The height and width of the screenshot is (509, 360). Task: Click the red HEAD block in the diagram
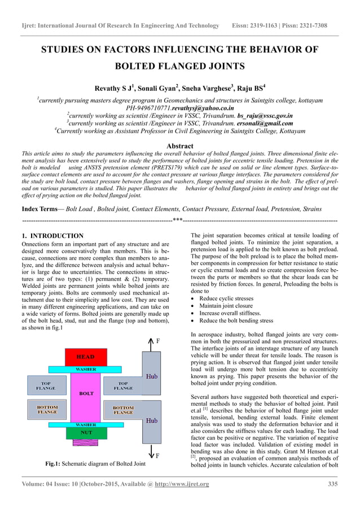85,357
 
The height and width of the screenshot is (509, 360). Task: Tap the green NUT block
85,433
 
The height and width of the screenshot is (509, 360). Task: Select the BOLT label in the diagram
86,393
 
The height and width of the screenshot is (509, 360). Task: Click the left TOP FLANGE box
46,386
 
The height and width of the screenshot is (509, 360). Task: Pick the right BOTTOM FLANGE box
124,409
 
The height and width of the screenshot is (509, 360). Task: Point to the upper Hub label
152,375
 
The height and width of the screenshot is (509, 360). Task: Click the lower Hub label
152,420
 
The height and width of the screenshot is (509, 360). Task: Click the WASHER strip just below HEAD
85,369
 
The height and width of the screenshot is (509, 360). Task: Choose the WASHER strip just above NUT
85,424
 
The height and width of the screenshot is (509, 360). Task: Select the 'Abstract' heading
180,146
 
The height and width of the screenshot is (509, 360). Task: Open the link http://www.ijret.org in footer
178,484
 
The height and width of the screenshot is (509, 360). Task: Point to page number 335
332,484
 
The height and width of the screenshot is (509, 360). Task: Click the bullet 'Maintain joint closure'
226,306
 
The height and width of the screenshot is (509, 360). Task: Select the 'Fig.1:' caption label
55,464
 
